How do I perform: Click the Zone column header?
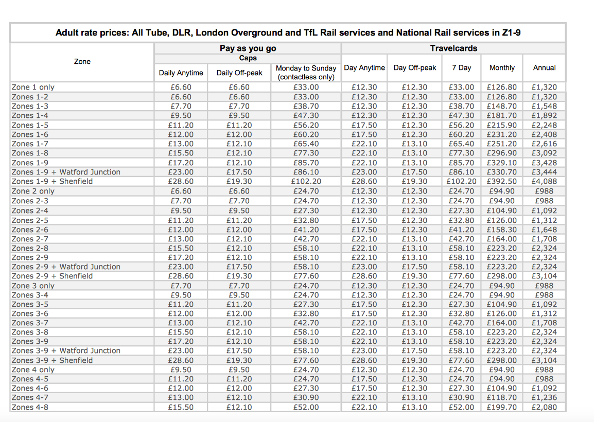point(82,61)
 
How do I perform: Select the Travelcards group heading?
point(453,48)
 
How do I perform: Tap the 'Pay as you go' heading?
point(248,48)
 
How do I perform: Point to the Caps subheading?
point(248,58)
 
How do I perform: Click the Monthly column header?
point(502,68)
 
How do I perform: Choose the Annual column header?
point(545,68)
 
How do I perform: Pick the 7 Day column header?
point(461,68)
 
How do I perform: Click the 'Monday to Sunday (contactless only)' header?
point(306,73)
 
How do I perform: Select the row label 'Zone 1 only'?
point(33,87)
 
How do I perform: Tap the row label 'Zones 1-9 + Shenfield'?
point(52,182)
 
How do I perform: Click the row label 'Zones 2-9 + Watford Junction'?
point(66,267)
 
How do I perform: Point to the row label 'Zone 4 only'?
point(33,370)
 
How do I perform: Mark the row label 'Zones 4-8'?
point(30,407)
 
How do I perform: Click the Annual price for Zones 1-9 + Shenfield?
point(545,182)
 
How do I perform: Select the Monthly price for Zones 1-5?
point(502,126)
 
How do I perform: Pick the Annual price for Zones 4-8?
point(545,407)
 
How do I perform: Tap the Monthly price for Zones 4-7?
point(502,398)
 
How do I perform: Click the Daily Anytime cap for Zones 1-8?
point(181,153)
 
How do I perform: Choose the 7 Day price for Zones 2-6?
point(461,230)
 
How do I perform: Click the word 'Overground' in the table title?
point(257,32)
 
